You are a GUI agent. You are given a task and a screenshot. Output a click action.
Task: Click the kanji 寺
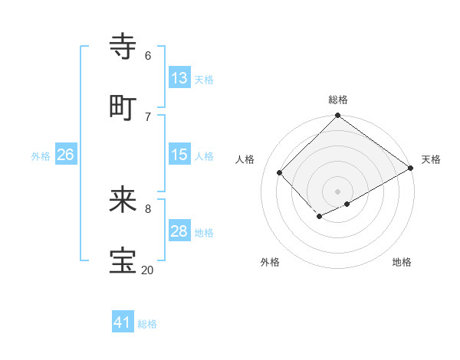pyautogui.click(x=123, y=46)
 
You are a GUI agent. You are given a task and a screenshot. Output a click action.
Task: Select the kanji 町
pyautogui.click(x=123, y=107)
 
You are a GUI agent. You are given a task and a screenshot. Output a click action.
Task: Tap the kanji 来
pyautogui.click(x=123, y=200)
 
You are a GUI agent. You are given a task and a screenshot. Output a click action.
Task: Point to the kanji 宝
pyautogui.click(x=123, y=261)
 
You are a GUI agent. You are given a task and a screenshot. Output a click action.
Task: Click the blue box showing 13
pyautogui.click(x=179, y=77)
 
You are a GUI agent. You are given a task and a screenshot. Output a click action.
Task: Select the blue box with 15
pyautogui.click(x=179, y=155)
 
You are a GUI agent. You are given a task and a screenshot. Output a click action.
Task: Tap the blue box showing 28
pyautogui.click(x=179, y=231)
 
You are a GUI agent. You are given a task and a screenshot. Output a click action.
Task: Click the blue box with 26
pyautogui.click(x=65, y=155)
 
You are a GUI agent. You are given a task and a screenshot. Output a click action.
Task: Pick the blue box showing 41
pyautogui.click(x=123, y=322)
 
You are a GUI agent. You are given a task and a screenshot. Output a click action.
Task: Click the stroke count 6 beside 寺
pyautogui.click(x=148, y=56)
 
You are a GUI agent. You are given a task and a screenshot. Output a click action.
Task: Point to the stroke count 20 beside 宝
pyautogui.click(x=147, y=270)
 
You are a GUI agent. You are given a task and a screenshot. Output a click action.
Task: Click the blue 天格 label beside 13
pyautogui.click(x=204, y=79)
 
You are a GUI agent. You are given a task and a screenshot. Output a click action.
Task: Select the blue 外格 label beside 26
pyautogui.click(x=41, y=156)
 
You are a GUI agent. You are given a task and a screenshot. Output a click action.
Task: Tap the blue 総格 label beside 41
pyautogui.click(x=147, y=324)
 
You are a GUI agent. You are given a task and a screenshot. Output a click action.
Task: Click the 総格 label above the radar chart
pyautogui.click(x=338, y=100)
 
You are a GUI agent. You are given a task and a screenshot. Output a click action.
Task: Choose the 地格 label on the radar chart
pyautogui.click(x=402, y=263)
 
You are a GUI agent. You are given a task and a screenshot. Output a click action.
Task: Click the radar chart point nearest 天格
pyautogui.click(x=412, y=169)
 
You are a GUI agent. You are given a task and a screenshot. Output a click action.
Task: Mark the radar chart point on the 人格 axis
pyautogui.click(x=280, y=172)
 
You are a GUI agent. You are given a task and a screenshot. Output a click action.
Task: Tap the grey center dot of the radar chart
pyautogui.click(x=338, y=191)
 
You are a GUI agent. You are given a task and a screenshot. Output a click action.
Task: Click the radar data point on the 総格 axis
pyautogui.click(x=338, y=116)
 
